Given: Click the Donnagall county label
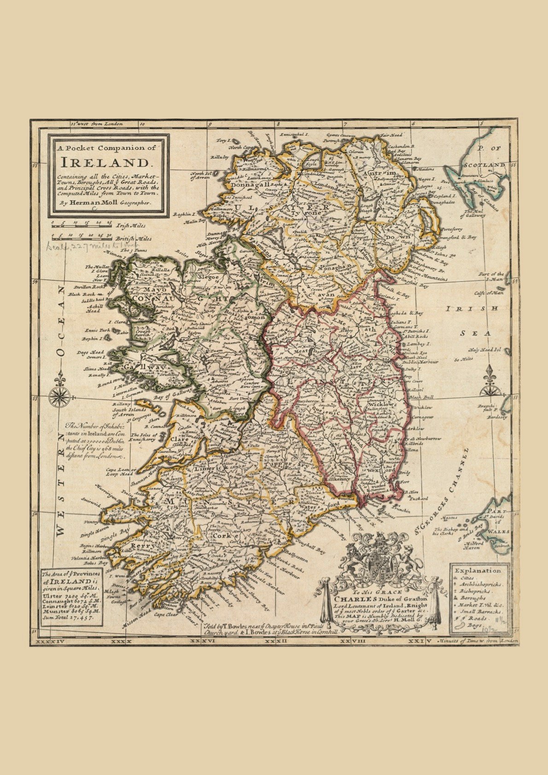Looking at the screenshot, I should (x=251, y=184).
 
